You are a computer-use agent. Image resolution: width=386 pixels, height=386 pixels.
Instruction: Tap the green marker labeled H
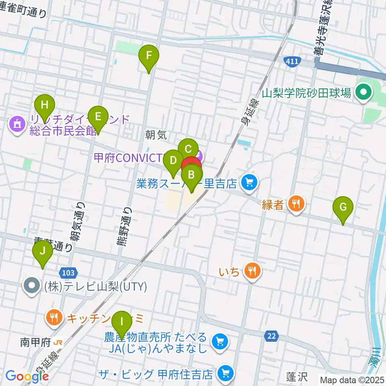[45, 107]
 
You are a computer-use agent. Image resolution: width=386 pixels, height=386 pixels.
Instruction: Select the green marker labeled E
[97, 117]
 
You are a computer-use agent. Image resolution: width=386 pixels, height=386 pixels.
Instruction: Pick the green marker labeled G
[343, 208]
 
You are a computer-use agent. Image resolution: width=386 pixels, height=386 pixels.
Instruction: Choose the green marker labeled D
[173, 161]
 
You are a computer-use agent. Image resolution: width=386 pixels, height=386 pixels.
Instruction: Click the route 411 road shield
[291, 61]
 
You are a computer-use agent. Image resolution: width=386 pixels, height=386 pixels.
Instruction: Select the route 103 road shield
[68, 273]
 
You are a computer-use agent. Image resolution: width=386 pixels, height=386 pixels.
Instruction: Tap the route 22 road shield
[271, 335]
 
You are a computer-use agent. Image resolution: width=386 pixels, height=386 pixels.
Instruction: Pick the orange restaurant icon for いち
[252, 272]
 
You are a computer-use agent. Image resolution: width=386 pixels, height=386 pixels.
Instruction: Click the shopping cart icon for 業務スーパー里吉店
[249, 183]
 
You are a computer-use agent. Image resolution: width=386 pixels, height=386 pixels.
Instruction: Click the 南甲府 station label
[35, 343]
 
